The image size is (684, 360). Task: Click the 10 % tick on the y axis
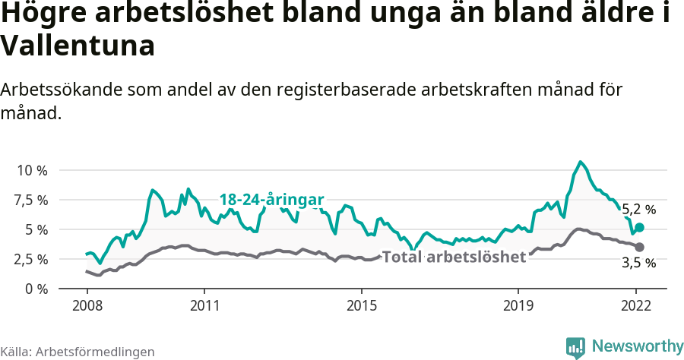coord(31,170)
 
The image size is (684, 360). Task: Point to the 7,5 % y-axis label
coord(31,200)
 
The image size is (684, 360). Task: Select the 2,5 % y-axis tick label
coord(31,259)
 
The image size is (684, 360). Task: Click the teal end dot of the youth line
coord(640,227)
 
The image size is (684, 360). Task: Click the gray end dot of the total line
coord(640,247)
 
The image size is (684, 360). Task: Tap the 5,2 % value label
coord(638,209)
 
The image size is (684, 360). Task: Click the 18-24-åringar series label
coord(271,200)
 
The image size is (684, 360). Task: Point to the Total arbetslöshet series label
coord(454,257)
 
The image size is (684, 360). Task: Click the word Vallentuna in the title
coord(78,46)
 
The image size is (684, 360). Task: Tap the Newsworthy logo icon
coord(575,347)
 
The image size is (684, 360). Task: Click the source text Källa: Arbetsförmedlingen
coord(78,352)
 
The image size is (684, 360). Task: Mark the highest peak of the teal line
coord(581,162)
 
